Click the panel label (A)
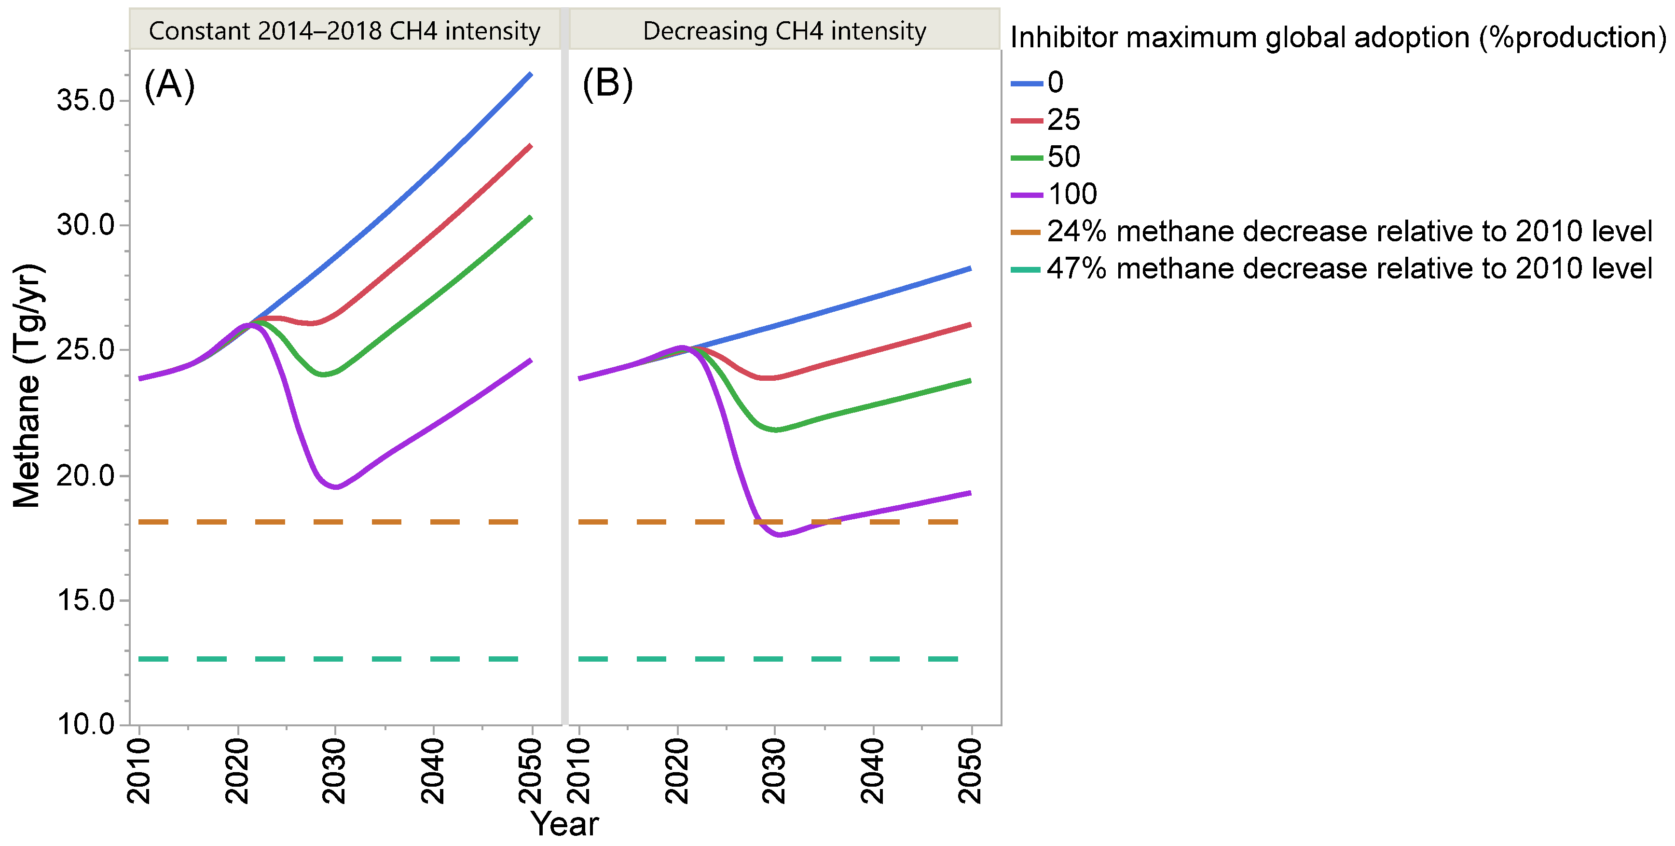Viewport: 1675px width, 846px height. [x=169, y=84]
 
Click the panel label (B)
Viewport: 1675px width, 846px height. [x=607, y=84]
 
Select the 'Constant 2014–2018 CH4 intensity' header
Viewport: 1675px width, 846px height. [x=344, y=30]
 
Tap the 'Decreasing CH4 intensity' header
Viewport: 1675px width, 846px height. [x=784, y=30]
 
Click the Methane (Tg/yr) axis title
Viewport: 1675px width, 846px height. [x=27, y=385]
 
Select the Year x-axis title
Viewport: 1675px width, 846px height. [x=564, y=824]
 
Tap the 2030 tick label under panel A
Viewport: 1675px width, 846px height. [x=335, y=771]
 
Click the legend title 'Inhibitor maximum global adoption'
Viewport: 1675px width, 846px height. [x=1337, y=38]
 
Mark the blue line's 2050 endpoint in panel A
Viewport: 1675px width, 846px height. [x=531, y=74]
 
